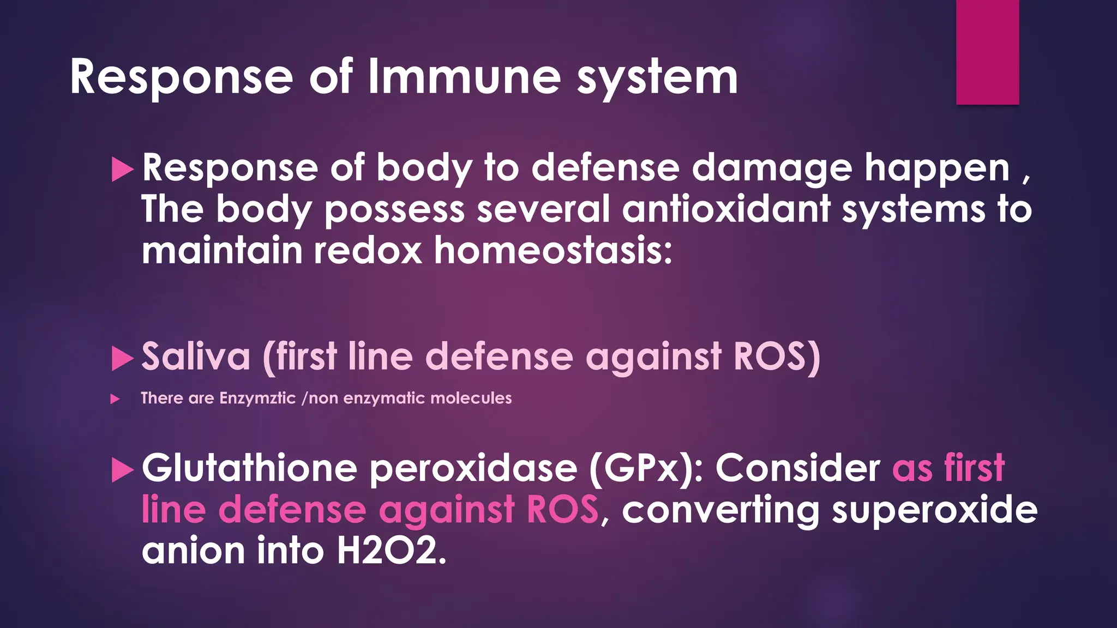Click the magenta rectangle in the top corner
[987, 52]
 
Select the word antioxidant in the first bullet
[726, 209]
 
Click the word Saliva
[196, 357]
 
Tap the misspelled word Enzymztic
[257, 398]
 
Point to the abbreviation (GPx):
[646, 469]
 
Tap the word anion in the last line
[193, 551]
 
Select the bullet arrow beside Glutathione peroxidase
[122, 470]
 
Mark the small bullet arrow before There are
[115, 399]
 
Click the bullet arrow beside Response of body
[122, 170]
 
